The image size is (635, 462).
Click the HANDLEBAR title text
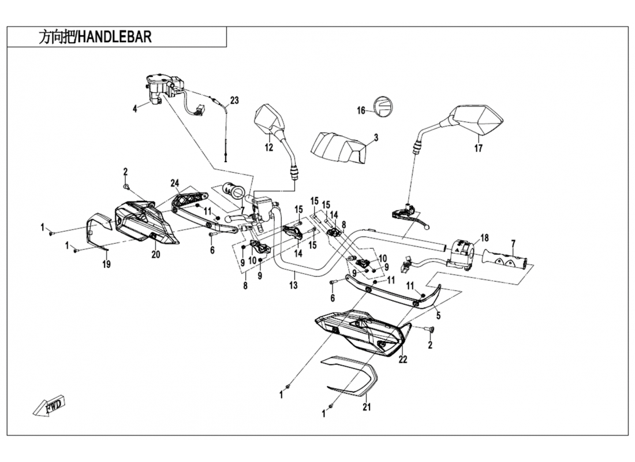(x=95, y=38)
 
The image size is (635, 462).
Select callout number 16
(x=361, y=111)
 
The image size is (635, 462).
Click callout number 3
(x=376, y=137)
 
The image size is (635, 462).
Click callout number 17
(x=479, y=148)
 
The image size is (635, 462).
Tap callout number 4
(x=135, y=108)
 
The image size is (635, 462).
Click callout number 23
(x=234, y=100)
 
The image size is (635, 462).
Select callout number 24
(x=174, y=184)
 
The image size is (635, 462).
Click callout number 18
(x=484, y=238)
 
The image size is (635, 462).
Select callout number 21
(x=365, y=407)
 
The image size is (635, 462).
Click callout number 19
(x=106, y=265)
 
